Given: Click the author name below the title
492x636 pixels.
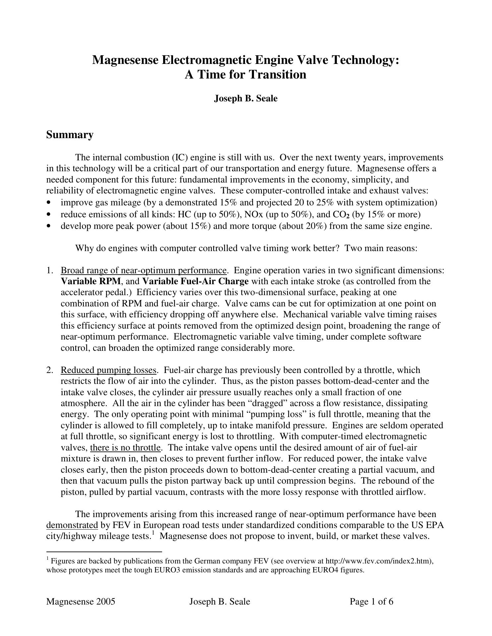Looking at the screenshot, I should pos(245,98).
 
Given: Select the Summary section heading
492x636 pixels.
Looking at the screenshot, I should pos(70,135).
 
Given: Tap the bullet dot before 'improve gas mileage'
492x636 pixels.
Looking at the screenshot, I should pos(49,202).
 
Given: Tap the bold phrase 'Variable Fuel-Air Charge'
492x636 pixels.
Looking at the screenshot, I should pos(195,282).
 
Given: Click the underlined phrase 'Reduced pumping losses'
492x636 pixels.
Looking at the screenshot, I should pos(108,370).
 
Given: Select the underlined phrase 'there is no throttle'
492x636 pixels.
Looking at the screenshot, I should pos(125,448).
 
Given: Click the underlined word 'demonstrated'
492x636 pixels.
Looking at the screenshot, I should pos(72,525).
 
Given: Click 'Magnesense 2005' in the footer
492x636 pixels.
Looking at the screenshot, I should pos(81,602).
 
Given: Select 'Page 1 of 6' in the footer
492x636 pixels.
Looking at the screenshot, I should pos(371,602).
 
